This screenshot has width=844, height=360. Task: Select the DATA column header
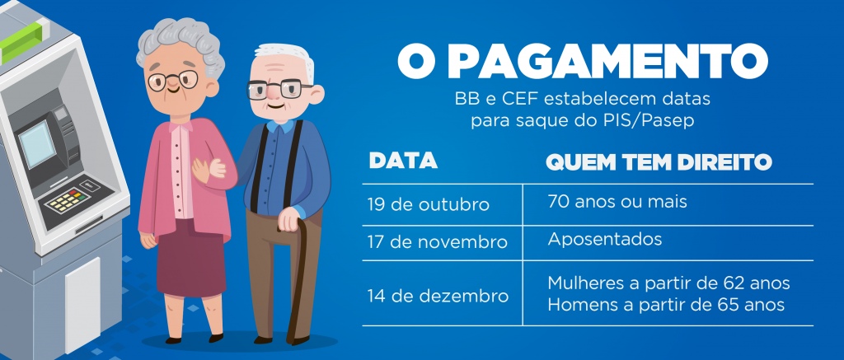point(402,161)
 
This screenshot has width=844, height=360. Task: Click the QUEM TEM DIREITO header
point(659,162)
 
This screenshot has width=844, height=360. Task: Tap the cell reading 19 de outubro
point(429,205)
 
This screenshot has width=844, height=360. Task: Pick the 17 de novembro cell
point(438,242)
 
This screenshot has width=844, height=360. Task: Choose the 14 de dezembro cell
point(438,296)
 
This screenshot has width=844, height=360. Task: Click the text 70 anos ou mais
point(617,202)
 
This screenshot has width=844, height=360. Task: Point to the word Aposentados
point(604,239)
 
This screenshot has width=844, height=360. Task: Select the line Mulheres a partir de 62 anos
point(668,283)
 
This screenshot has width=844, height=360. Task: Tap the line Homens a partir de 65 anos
point(666,305)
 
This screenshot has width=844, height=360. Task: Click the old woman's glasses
point(173,81)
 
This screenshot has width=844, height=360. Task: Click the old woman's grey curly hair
point(181,43)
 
